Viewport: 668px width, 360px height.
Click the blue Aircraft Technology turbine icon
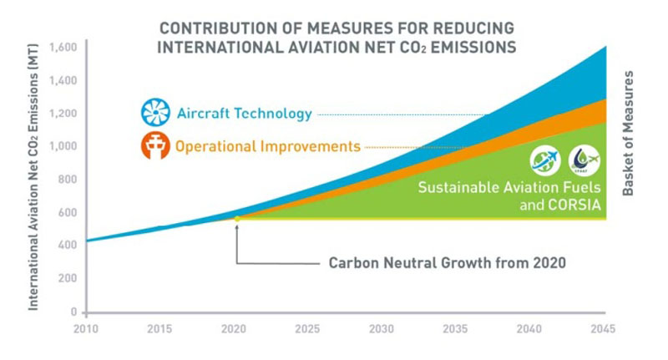(155, 113)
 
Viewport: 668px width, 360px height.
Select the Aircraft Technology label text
(243, 114)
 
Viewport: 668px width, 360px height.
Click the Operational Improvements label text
(267, 146)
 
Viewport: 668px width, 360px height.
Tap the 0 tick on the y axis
(74, 312)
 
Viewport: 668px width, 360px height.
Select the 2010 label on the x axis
(87, 328)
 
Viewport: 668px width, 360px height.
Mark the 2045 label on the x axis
(602, 328)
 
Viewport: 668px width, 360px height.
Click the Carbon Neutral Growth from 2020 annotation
(447, 263)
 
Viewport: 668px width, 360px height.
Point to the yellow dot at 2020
(237, 219)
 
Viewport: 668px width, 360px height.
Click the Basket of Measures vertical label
(629, 134)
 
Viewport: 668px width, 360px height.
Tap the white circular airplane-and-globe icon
(544, 160)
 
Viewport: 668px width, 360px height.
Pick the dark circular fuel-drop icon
(583, 160)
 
